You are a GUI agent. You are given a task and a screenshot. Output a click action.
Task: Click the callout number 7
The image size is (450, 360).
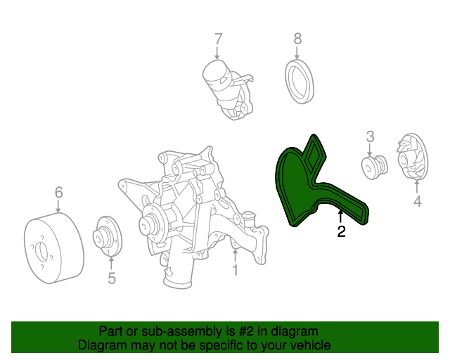219,39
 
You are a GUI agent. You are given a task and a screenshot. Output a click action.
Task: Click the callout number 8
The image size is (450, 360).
297,39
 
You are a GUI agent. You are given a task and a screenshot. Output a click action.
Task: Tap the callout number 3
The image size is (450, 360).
371,136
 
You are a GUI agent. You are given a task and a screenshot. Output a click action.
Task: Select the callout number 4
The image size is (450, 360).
418,201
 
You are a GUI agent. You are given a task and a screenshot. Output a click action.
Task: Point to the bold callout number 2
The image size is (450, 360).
341,231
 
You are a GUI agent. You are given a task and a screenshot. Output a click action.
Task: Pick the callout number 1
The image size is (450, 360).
235,270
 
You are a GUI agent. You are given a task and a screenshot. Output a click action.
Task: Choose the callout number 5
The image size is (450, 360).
112,278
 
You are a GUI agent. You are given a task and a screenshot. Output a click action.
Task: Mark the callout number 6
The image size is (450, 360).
58,192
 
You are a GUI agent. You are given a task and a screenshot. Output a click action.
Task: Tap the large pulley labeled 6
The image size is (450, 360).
53,248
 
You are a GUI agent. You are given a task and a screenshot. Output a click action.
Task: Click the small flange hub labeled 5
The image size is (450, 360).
108,236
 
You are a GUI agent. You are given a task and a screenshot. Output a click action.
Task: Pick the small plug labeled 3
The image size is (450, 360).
374,167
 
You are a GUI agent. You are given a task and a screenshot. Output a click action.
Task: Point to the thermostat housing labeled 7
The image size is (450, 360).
228,89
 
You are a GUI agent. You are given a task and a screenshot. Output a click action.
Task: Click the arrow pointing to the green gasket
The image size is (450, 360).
340,217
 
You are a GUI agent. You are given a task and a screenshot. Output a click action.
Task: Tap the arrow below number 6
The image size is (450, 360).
58,206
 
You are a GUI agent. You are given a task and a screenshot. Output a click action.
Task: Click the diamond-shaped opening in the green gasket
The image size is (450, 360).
314,155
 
